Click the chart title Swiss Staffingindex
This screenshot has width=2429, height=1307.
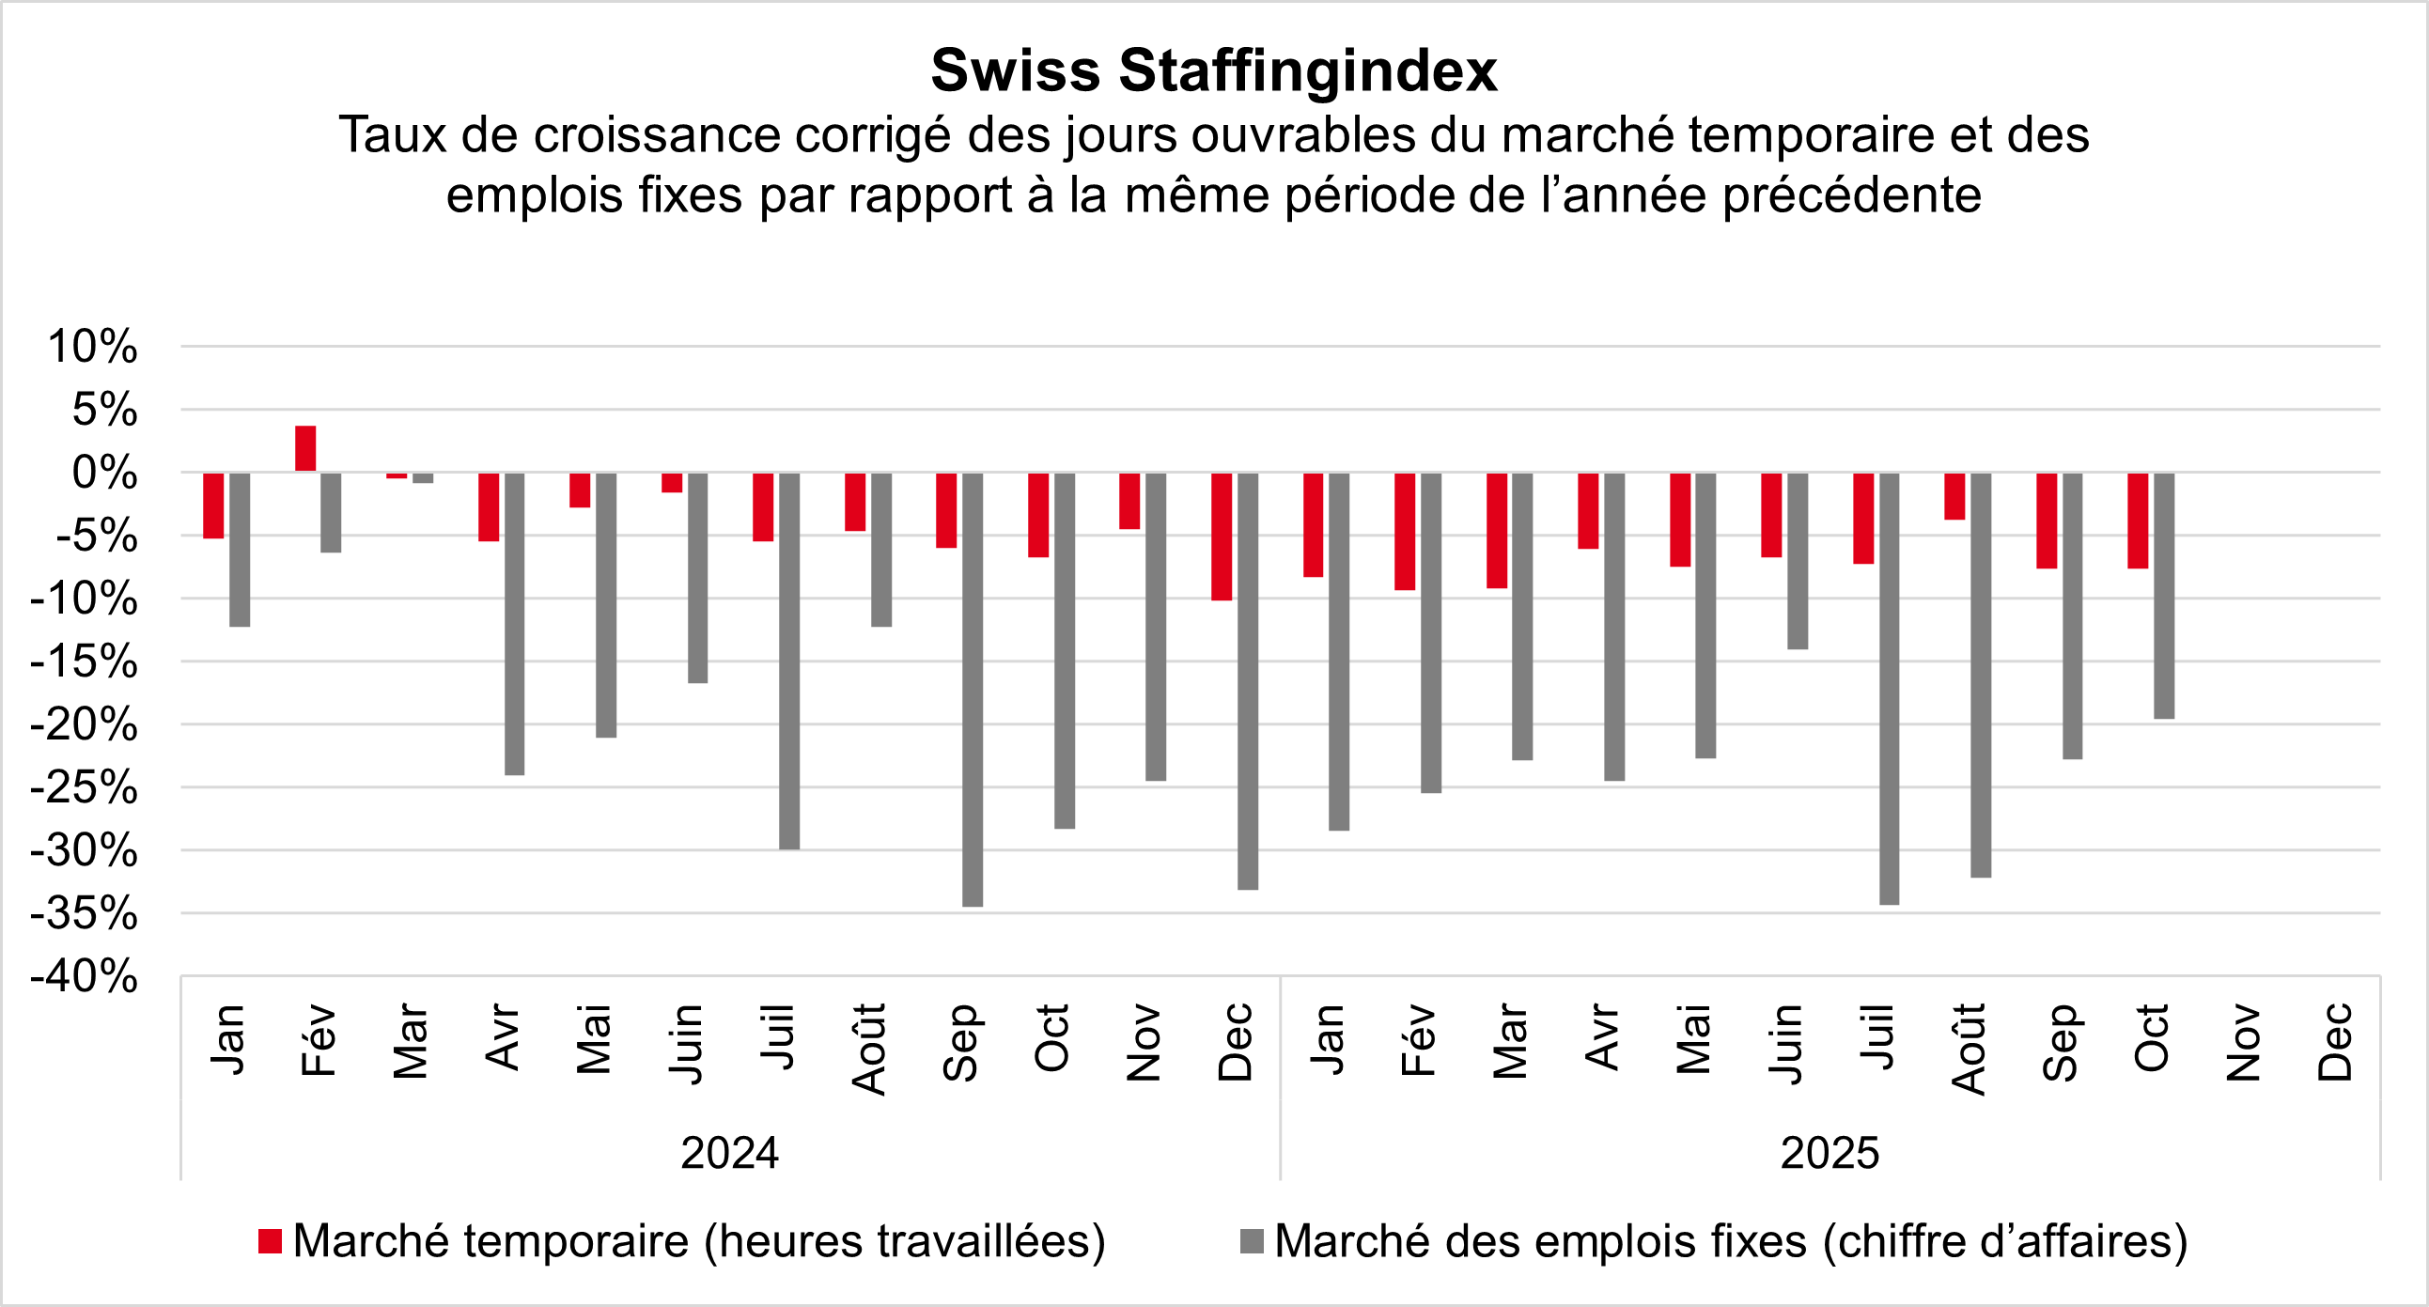point(1213,70)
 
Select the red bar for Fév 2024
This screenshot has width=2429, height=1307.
point(305,449)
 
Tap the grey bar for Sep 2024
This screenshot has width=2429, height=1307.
point(973,689)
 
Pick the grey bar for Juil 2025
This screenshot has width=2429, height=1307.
point(1889,689)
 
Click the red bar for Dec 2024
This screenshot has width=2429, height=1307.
point(1222,536)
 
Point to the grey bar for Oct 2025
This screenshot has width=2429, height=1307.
point(2164,595)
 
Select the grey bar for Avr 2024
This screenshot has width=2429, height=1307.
point(514,623)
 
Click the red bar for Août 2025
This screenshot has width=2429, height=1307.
point(1954,496)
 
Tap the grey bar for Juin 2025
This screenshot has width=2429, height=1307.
point(1798,560)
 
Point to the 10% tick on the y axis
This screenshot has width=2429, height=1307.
point(92,347)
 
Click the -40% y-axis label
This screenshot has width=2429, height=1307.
point(85,977)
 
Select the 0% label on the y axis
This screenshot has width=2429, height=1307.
point(104,474)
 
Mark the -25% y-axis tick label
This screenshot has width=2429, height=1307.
point(85,788)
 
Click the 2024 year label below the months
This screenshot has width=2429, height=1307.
point(730,1153)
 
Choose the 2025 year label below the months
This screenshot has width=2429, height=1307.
point(1830,1153)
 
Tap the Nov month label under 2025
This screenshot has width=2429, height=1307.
point(2244,1042)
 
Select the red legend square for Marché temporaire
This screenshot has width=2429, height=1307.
point(271,1242)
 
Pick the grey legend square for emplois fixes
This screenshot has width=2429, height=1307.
point(1252,1242)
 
